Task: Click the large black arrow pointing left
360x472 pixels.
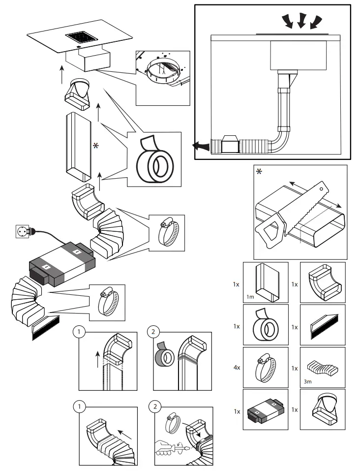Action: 199,146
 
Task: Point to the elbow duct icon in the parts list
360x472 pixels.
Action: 322,281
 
